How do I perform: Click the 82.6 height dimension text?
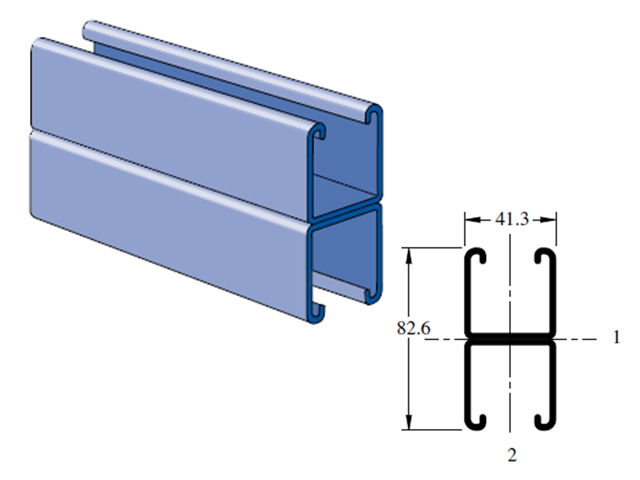[413, 328]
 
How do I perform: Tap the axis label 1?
[616, 338]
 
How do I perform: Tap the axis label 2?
[512, 455]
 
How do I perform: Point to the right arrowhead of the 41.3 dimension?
[549, 220]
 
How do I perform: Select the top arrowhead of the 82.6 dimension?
[409, 256]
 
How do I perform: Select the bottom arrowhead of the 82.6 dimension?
[409, 422]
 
